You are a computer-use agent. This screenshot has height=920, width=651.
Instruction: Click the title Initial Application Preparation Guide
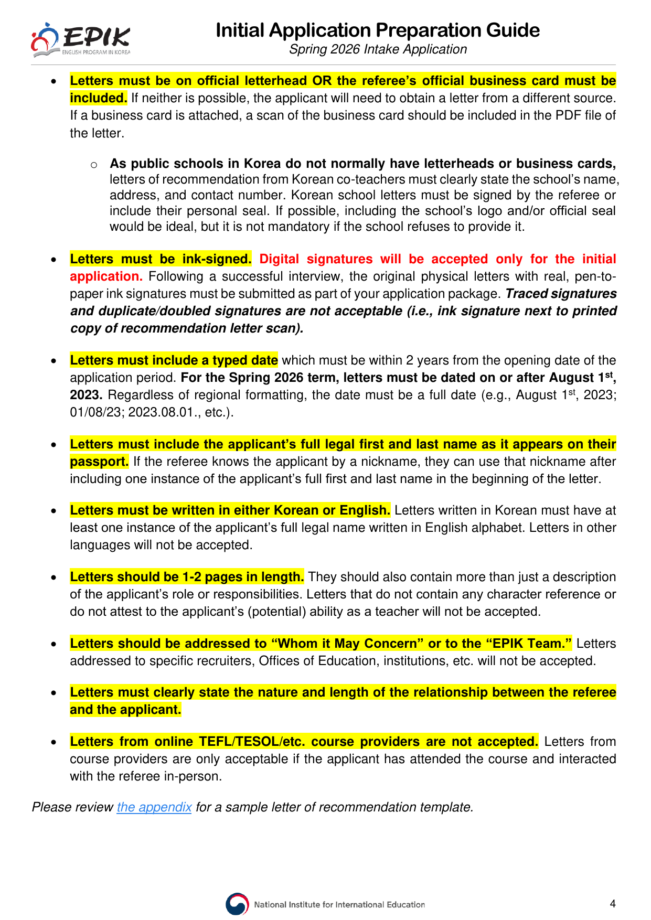[378, 30]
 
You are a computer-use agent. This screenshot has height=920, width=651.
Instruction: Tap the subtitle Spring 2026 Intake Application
[378, 49]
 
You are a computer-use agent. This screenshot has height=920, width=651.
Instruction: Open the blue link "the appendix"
[154, 807]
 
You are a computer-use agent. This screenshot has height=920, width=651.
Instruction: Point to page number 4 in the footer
[613, 903]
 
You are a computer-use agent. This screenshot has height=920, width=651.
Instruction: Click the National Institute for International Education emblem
[237, 904]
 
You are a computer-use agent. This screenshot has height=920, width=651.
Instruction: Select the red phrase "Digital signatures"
[316, 259]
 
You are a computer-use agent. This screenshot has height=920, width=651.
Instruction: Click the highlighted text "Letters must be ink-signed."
[161, 259]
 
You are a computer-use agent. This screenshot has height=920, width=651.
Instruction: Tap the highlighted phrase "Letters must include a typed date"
[174, 360]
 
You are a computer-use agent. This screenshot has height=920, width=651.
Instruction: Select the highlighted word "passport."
[99, 462]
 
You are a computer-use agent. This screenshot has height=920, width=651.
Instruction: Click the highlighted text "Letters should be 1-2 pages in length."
[187, 577]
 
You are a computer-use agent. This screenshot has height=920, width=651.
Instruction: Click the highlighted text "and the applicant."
[125, 710]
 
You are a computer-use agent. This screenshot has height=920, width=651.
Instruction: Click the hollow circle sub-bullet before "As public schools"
[94, 165]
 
